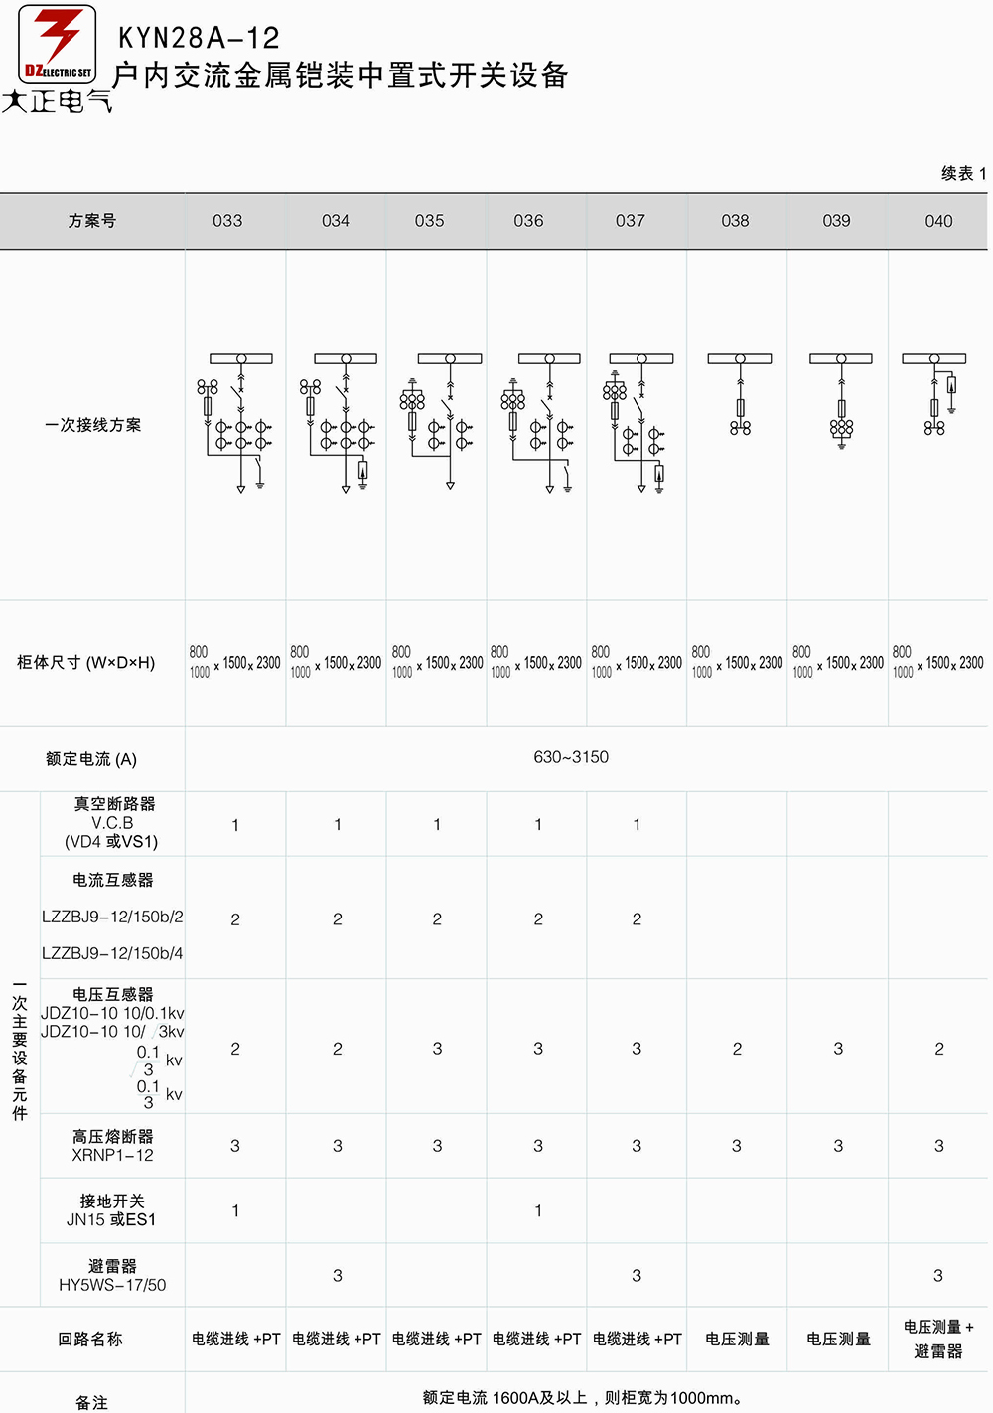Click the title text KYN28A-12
tap(199, 38)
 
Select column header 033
tap(227, 221)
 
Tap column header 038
tap(735, 221)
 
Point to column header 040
tap(938, 221)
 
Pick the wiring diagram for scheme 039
tap(841, 401)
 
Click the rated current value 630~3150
tap(571, 757)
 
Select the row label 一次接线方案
tap(92, 425)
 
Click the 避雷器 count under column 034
tap(338, 1276)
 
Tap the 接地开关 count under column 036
tap(538, 1210)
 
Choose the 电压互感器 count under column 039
tap(838, 1049)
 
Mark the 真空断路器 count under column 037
tap(637, 824)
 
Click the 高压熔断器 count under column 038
tap(736, 1146)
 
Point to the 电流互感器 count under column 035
tap(437, 919)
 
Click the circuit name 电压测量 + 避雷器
tap(938, 1339)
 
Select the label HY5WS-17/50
tap(112, 1285)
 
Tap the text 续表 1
tap(963, 173)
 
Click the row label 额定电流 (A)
tap(90, 759)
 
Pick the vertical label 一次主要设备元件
tap(20, 1051)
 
